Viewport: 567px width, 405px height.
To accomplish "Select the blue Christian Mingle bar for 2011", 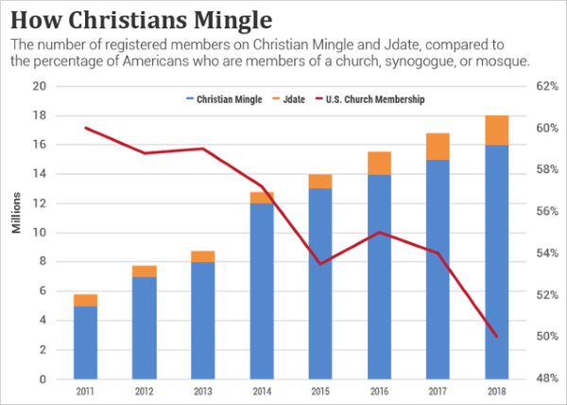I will point(86,343).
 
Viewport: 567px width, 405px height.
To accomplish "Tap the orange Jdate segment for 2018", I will point(497,131).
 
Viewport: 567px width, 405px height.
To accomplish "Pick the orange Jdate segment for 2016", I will point(379,163).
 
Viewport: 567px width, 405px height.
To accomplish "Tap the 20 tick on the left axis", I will point(39,86).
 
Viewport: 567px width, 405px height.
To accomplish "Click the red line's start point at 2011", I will point(86,128).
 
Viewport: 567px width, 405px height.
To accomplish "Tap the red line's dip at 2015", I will point(320,264).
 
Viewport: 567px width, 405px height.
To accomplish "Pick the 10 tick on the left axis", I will point(39,233).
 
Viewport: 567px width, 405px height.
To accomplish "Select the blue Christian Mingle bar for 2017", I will point(438,270).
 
